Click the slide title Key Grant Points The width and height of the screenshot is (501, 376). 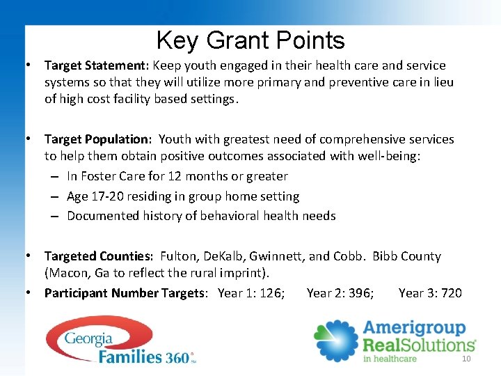coord(250,40)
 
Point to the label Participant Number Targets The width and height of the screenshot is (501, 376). coord(125,293)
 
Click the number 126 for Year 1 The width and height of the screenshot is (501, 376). coord(272,293)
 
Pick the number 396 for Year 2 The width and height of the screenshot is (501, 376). coord(361,293)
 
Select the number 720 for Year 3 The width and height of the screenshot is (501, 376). coord(451,293)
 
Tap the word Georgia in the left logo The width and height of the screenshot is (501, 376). coord(88,339)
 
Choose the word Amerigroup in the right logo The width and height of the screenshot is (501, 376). coord(415,328)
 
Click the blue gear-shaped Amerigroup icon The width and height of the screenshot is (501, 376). coord(335,340)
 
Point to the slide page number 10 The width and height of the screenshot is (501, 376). coord(466,359)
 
